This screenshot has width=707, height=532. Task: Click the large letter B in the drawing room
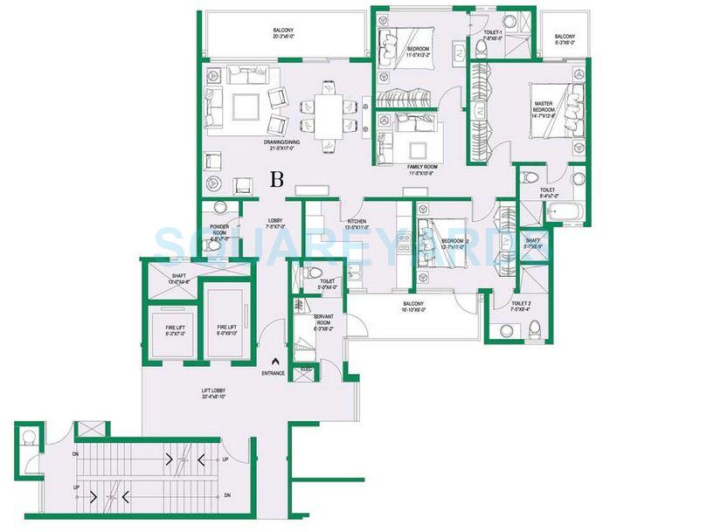277,180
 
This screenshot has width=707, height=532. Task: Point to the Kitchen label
357,225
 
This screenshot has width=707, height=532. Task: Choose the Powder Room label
218,232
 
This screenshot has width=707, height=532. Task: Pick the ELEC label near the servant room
305,370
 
